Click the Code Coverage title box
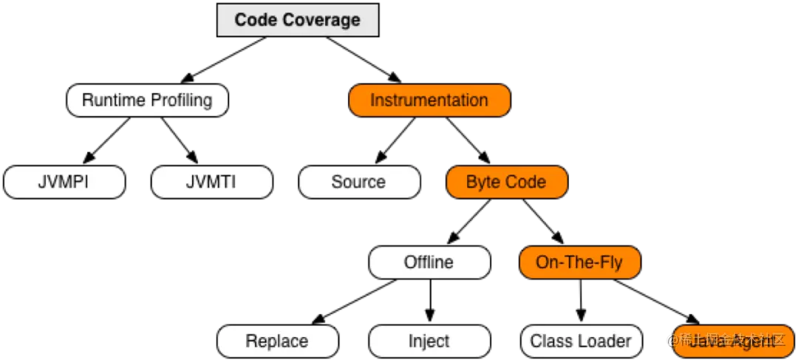[x=297, y=20]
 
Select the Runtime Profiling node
[x=147, y=101]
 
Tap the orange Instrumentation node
[x=429, y=101]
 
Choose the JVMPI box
[x=64, y=182]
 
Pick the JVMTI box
[x=211, y=182]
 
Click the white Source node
[x=358, y=182]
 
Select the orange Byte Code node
[x=506, y=182]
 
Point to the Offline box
[x=429, y=262]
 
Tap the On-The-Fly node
[x=579, y=262]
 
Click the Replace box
[x=277, y=342]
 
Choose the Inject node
[x=429, y=342]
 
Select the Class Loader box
[x=581, y=342]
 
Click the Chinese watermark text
[x=728, y=340]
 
